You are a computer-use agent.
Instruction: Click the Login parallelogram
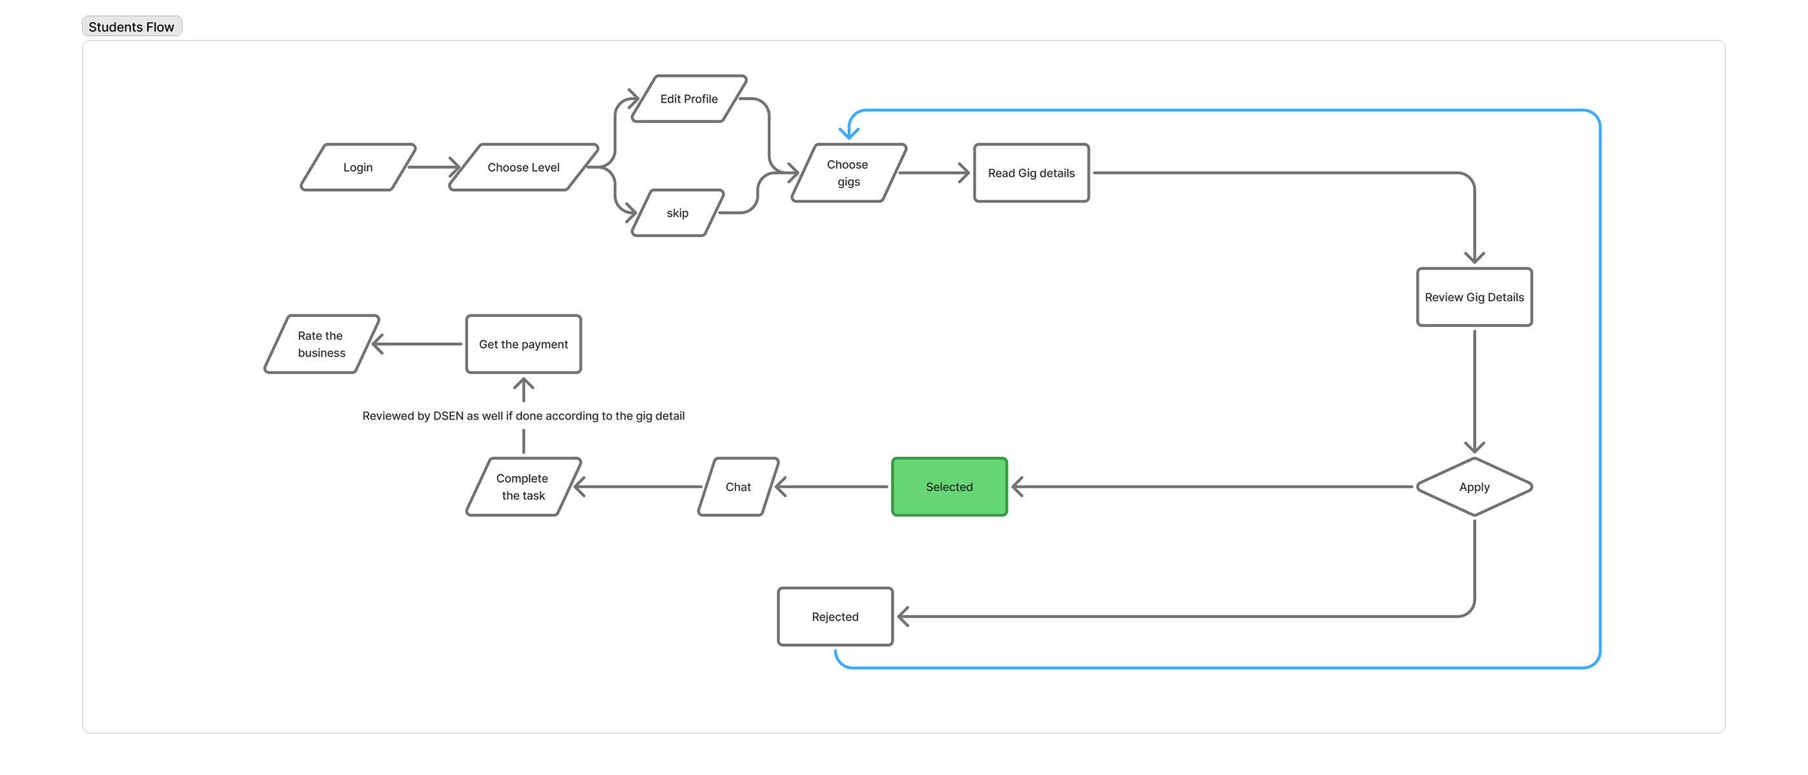click(x=358, y=167)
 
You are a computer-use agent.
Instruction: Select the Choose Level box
click(x=523, y=167)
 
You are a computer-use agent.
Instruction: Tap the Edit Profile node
click(x=688, y=99)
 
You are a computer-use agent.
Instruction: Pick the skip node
click(x=677, y=212)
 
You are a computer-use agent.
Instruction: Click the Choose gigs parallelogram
click(x=848, y=172)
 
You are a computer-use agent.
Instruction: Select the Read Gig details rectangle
click(x=1031, y=172)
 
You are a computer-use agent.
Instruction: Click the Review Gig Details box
click(x=1474, y=297)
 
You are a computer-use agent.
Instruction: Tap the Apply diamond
click(x=1474, y=486)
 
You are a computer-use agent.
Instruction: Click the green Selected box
click(x=949, y=486)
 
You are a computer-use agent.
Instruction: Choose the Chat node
click(x=737, y=486)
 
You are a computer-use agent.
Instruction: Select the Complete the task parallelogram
click(x=523, y=486)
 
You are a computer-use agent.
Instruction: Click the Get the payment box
click(x=523, y=344)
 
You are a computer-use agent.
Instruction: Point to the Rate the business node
click(x=322, y=344)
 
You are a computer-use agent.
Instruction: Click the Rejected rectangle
click(x=834, y=616)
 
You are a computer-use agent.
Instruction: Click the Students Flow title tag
click(x=131, y=26)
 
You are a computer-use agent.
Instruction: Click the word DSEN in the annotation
click(x=447, y=415)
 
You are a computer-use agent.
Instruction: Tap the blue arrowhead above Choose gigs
click(x=849, y=131)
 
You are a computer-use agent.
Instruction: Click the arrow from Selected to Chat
click(x=832, y=486)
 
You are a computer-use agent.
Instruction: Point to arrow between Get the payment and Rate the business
click(x=418, y=344)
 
